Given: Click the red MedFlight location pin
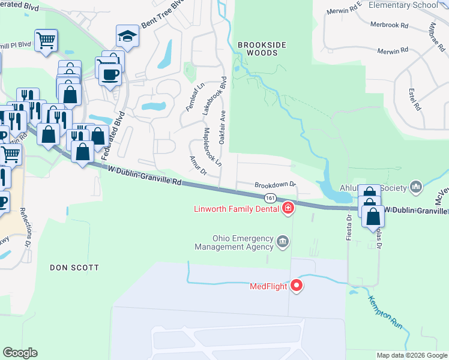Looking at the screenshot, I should tap(296, 286).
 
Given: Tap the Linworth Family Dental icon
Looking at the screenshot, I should tap(288, 209).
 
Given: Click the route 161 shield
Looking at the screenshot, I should tap(270, 198).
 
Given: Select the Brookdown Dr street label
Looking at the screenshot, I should tap(276, 185).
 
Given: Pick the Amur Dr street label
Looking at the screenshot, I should tap(198, 166).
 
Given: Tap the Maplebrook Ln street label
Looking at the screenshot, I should tap(212, 147).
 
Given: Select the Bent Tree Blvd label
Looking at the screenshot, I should tap(160, 17).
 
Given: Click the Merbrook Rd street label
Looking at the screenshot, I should tap(389, 26).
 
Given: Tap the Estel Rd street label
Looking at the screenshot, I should tap(413, 100).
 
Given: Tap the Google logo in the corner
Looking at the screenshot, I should tap(20, 353).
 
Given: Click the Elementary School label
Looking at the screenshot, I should tap(403, 5).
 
